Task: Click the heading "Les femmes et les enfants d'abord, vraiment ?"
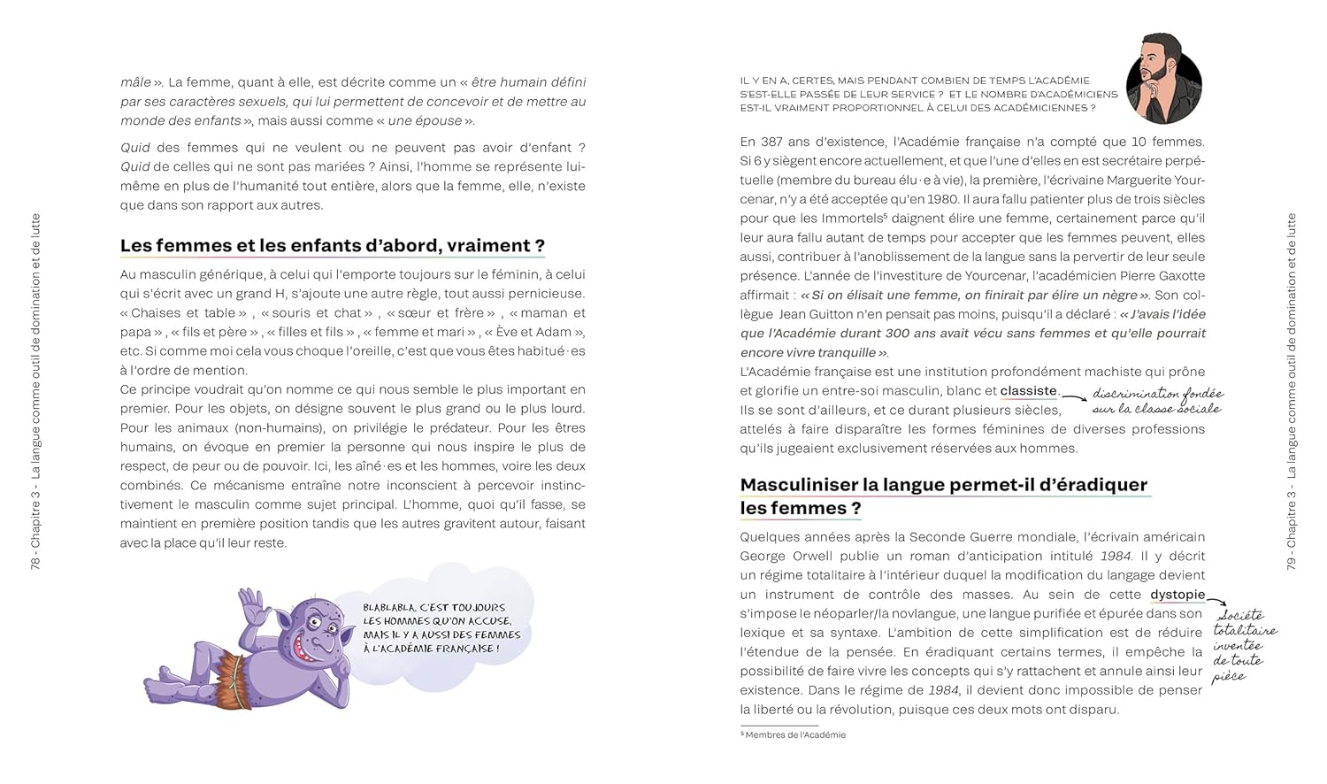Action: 333,246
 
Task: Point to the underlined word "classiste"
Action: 1028,390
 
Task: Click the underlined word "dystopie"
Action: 1177,595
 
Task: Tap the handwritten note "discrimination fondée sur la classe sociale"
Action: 1156,401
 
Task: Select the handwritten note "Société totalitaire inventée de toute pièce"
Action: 1245,645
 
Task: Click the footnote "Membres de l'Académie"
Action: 794,734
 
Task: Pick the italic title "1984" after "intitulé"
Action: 1116,556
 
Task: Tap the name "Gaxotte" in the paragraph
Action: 1178,276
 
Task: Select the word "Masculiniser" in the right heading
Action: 799,485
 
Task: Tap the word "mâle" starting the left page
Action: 134,82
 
